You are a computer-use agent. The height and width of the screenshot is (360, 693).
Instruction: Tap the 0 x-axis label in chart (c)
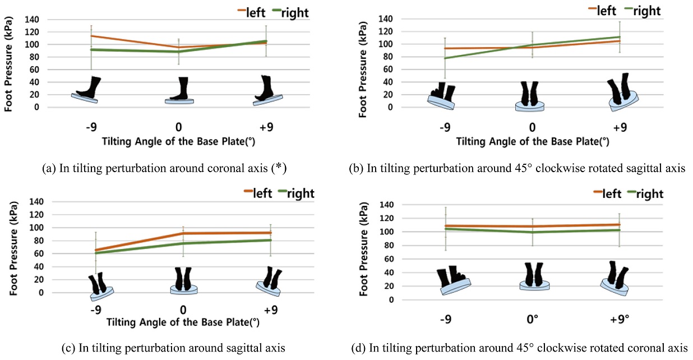pos(183,310)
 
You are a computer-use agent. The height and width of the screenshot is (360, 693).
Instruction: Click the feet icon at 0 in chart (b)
pos(530,96)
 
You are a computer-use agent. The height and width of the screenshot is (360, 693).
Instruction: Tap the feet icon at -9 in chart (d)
pos(453,279)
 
